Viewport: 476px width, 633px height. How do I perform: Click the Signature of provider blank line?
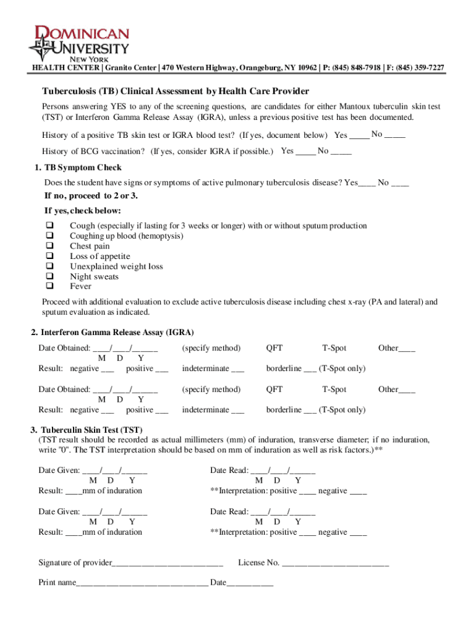pos(168,564)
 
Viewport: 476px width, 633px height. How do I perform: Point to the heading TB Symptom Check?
pos(82,168)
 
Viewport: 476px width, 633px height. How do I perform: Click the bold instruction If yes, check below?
pos(82,211)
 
